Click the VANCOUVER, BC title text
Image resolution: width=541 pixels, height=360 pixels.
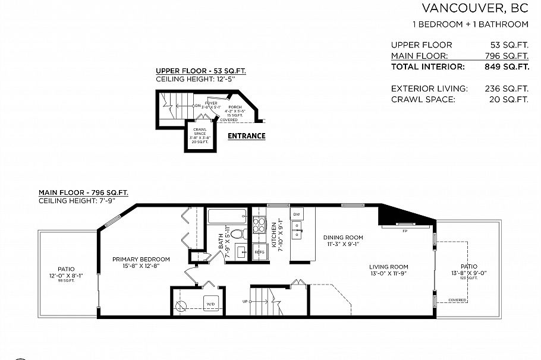[474, 8]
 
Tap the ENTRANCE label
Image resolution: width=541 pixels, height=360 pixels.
[247, 136]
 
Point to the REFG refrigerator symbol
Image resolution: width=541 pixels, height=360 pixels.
[259, 252]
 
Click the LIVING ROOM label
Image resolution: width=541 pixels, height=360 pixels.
[388, 267]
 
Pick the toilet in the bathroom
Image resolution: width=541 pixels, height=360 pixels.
[239, 234]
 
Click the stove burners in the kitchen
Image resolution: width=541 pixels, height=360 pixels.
[259, 225]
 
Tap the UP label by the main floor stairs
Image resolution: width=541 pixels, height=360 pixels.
[245, 302]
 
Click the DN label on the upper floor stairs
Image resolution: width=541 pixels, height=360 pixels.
[198, 106]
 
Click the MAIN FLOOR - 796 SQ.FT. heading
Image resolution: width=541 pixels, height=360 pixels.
[83, 192]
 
